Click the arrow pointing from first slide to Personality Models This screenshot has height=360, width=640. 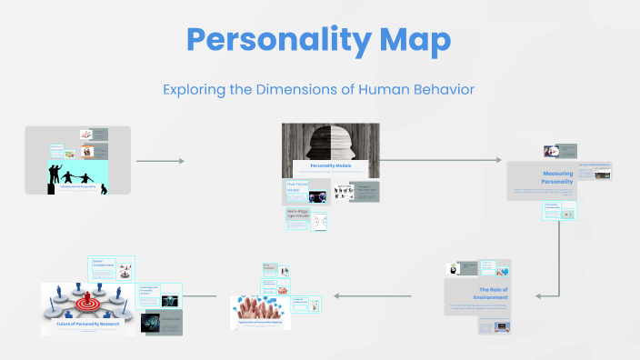coord(160,161)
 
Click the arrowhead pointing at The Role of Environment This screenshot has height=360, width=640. coord(540,295)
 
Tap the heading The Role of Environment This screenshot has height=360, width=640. coord(478,293)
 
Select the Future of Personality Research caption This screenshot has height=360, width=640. coord(87,324)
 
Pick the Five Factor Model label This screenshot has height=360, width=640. coord(297,187)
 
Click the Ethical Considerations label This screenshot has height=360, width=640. coord(102,265)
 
